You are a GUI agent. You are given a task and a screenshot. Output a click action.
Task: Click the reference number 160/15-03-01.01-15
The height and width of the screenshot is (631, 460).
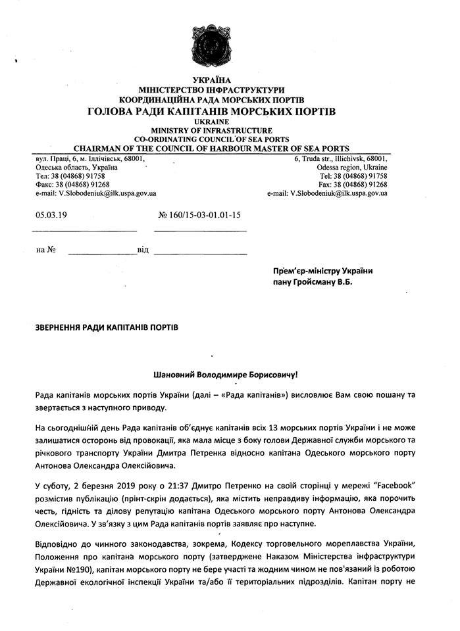(x=200, y=214)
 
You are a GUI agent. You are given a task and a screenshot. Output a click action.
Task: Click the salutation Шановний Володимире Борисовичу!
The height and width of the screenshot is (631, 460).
(x=225, y=375)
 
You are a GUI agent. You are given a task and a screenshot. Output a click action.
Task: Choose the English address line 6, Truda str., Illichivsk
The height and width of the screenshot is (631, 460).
(x=341, y=159)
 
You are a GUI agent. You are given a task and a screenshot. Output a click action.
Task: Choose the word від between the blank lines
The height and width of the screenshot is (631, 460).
(x=143, y=250)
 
